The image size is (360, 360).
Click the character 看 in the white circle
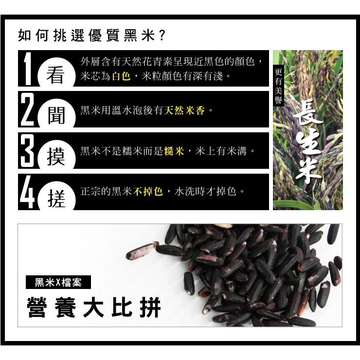(56, 77)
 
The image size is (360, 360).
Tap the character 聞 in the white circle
(56, 117)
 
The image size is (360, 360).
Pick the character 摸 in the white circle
(56, 158)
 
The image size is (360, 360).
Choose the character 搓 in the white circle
(56, 199)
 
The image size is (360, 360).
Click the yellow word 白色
(121, 76)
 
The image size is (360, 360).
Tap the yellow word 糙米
(174, 151)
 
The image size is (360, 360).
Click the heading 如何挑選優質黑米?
(92, 36)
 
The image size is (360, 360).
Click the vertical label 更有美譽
(279, 86)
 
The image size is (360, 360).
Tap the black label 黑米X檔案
(58, 282)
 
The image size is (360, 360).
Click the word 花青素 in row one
(144, 62)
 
